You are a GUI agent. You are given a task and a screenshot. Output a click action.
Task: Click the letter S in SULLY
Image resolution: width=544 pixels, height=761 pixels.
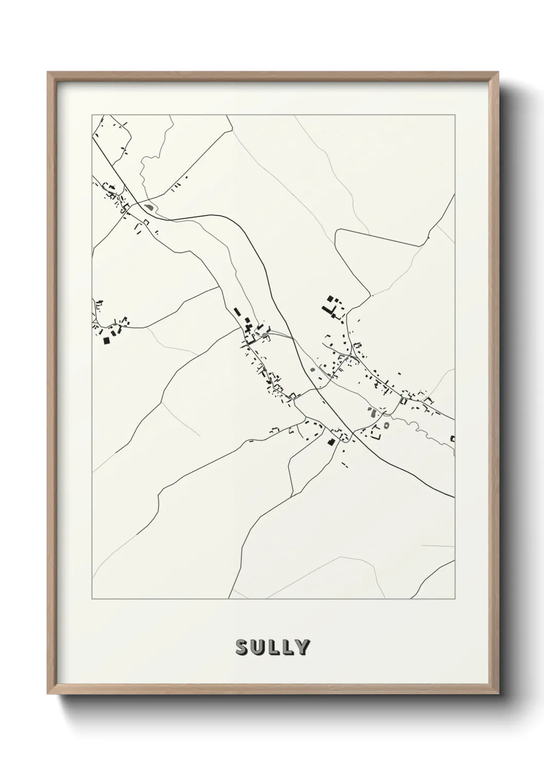point(242,648)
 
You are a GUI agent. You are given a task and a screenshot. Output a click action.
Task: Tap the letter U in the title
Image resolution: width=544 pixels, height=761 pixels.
point(258,648)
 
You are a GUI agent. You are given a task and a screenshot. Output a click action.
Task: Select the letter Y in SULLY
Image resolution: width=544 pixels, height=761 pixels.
point(302,648)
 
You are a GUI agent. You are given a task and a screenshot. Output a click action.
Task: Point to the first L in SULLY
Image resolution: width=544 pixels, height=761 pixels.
point(273,648)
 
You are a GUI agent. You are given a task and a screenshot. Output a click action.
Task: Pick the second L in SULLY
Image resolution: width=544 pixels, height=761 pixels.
point(286,648)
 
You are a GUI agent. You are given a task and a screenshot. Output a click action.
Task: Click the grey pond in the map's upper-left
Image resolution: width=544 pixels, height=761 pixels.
point(150,207)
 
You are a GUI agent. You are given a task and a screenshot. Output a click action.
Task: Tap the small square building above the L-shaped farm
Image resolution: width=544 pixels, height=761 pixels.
point(330,298)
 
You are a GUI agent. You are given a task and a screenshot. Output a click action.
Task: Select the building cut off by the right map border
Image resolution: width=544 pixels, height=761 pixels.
point(452,438)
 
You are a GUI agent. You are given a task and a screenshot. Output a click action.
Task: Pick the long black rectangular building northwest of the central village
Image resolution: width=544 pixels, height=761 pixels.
point(238,312)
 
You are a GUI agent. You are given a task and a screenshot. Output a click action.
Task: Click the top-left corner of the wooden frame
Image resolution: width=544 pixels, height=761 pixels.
point(48,73)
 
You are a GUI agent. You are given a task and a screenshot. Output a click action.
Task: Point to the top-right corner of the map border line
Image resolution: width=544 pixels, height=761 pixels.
point(455,115)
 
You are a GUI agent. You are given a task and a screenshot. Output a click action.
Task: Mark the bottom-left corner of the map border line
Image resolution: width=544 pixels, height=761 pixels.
point(92,599)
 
